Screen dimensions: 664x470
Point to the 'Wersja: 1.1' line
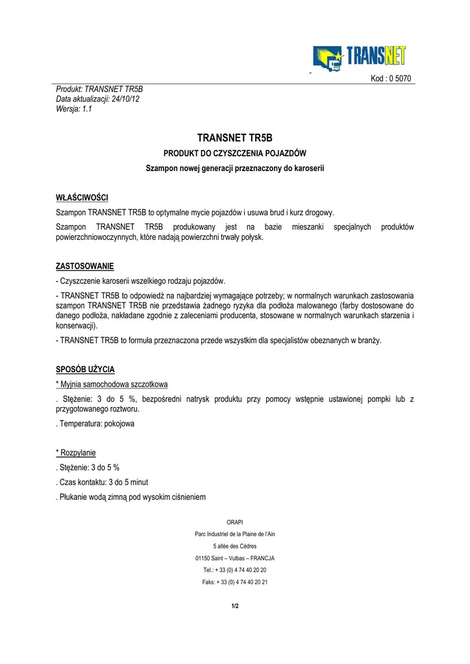[x=75, y=109]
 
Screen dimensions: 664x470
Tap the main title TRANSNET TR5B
[x=234, y=138]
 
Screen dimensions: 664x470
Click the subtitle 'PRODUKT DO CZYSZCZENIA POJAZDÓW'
[x=234, y=154]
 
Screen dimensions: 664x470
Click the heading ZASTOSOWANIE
[x=84, y=266]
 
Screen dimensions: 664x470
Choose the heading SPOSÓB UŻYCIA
[x=85, y=370]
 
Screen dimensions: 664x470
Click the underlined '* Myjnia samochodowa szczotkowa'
[x=112, y=385]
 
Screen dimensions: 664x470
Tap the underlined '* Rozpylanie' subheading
[x=76, y=453]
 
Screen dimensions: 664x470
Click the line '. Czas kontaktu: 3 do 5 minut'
[x=102, y=482]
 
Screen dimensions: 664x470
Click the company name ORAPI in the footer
[x=234, y=522]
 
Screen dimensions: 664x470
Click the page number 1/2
[x=234, y=606]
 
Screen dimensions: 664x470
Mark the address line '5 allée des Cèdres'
[x=234, y=546]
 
